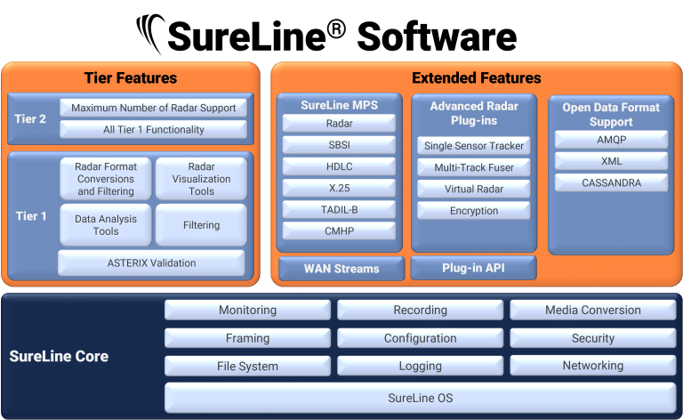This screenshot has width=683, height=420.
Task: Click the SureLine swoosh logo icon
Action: click(x=150, y=34)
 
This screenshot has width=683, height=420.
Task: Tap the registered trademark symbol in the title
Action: click(x=335, y=29)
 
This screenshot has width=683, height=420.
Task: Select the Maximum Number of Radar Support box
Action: click(x=153, y=108)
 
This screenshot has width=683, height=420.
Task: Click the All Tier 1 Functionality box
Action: click(x=153, y=129)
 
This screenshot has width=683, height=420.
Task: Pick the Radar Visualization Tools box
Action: click(x=201, y=179)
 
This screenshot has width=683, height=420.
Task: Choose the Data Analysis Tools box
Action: click(x=106, y=225)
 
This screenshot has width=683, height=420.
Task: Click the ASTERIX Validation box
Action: click(x=151, y=262)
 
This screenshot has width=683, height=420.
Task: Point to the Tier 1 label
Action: click(x=31, y=216)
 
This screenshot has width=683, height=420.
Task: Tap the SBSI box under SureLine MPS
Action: click(x=340, y=145)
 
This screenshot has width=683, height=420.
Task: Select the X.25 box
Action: click(x=340, y=188)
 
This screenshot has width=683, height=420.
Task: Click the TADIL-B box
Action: click(x=340, y=210)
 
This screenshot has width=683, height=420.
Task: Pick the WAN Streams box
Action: click(x=341, y=269)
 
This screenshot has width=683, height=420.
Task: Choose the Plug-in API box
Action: click(x=473, y=268)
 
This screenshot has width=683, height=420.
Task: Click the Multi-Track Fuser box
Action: click(x=474, y=167)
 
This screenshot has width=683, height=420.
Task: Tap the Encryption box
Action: click(x=474, y=210)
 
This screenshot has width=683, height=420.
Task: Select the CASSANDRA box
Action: click(x=612, y=182)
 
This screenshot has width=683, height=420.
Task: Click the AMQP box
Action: click(x=612, y=140)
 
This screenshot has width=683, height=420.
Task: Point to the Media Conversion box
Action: click(x=593, y=310)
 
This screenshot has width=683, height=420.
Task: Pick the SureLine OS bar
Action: click(x=421, y=398)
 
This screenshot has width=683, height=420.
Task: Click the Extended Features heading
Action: click(x=477, y=78)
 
